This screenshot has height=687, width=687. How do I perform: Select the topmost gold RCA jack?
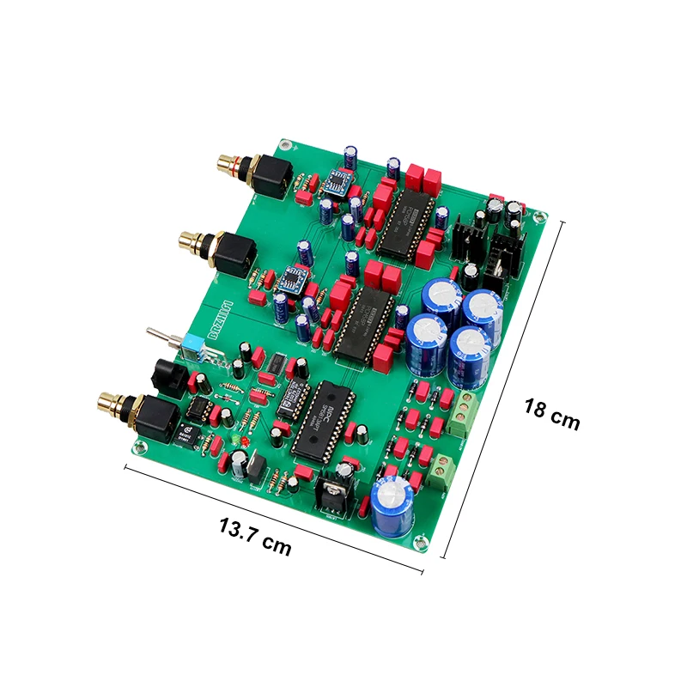pos(232,161)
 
